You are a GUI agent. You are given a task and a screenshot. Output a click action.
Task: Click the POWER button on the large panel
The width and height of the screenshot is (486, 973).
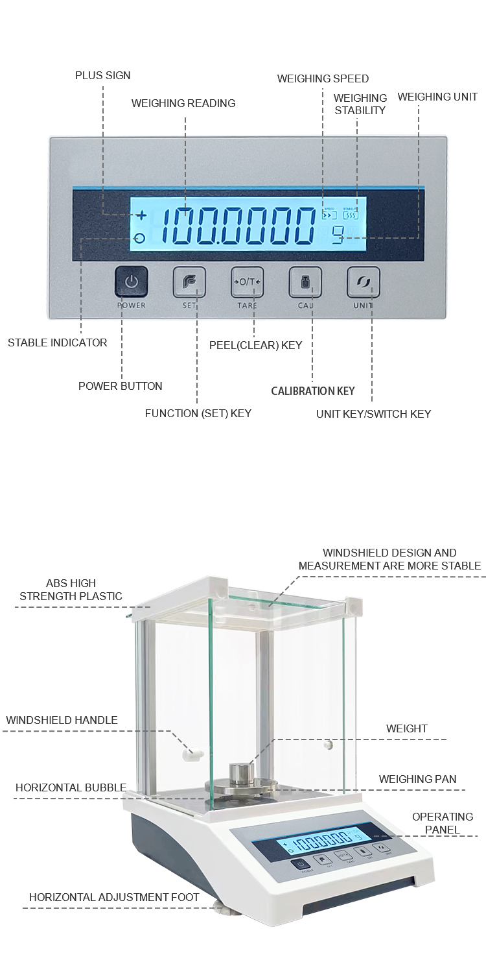pos(132,282)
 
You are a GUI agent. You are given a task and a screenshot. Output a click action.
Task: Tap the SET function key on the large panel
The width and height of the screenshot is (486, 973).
pos(189,282)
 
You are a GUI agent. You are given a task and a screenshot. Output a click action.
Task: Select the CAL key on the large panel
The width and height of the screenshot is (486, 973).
pos(305,282)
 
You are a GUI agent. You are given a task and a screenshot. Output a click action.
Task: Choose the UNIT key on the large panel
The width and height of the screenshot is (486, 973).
pos(363,282)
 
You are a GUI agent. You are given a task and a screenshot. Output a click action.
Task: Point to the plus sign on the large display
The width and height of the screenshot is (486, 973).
pos(141,215)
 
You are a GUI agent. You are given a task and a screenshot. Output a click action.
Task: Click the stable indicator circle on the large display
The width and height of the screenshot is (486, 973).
pos(140,238)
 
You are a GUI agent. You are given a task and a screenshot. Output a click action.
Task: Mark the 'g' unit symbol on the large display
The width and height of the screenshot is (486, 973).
pos(338,237)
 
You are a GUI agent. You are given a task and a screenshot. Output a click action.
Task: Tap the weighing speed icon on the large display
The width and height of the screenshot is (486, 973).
pos(329,214)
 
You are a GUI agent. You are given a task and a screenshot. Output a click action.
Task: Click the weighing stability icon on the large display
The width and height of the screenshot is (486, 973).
pos(351,214)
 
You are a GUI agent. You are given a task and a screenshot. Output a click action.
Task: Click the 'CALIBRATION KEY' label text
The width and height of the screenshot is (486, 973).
pos(313,390)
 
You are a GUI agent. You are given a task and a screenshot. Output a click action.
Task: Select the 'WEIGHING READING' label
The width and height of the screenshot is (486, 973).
pos(183,103)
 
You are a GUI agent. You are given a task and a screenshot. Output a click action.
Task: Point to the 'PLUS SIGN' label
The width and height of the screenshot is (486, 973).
pos(102,75)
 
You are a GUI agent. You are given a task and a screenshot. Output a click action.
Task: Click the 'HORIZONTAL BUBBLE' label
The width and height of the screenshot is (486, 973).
pos(71,787)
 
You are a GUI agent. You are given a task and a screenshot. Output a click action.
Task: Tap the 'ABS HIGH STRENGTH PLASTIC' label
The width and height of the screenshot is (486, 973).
pos(71,590)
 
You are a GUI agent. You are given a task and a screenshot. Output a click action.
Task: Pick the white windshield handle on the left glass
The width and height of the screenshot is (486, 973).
pos(193,754)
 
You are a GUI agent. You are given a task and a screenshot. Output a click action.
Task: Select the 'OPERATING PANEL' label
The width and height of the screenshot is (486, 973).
pos(443,823)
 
